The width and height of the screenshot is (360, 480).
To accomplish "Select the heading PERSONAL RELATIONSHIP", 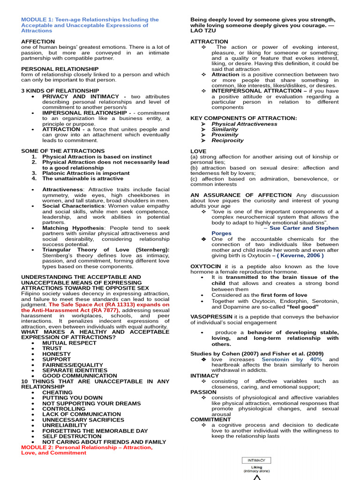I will (x=60, y=69).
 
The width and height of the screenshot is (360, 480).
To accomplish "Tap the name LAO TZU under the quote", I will (x=203, y=30).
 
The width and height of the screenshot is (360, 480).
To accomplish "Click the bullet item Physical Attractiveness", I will (x=244, y=124).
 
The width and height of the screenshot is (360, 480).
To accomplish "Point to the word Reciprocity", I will (x=227, y=140).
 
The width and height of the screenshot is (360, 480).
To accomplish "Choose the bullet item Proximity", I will (x=225, y=135).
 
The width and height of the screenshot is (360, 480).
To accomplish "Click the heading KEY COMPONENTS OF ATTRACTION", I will (x=243, y=118).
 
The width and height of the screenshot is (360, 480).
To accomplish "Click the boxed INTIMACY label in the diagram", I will (x=256, y=460).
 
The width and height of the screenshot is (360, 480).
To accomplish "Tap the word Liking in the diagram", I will (x=256, y=467).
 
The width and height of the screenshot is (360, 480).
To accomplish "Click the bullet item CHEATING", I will (x=57, y=392).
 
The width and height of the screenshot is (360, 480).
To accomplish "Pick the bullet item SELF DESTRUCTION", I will (x=72, y=436).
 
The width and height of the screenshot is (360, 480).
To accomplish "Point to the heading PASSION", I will (x=203, y=392).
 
